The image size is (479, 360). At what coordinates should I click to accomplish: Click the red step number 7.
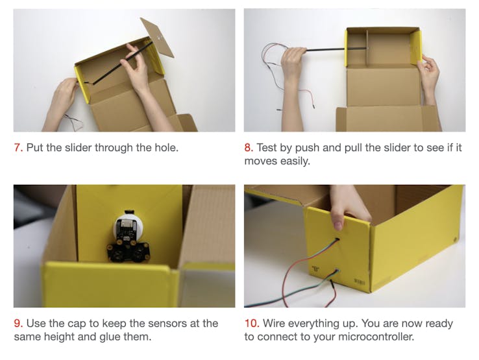18,148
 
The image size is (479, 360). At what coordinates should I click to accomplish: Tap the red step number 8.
249,148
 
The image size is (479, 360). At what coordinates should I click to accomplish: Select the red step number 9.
18,324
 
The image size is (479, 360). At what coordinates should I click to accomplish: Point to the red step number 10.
252,324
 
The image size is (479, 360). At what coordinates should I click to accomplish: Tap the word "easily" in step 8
295,162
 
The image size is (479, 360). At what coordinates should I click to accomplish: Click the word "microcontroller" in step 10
376,337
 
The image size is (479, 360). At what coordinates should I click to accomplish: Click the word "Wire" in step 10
274,324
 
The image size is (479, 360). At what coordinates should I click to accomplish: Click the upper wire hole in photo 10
338,240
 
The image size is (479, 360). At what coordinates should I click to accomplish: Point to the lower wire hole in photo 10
337,271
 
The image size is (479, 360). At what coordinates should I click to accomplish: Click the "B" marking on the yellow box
315,269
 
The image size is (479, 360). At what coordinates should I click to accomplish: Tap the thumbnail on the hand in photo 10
338,226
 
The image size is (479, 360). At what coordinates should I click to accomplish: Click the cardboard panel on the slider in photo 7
158,37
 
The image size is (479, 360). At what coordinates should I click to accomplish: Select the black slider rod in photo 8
337,49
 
